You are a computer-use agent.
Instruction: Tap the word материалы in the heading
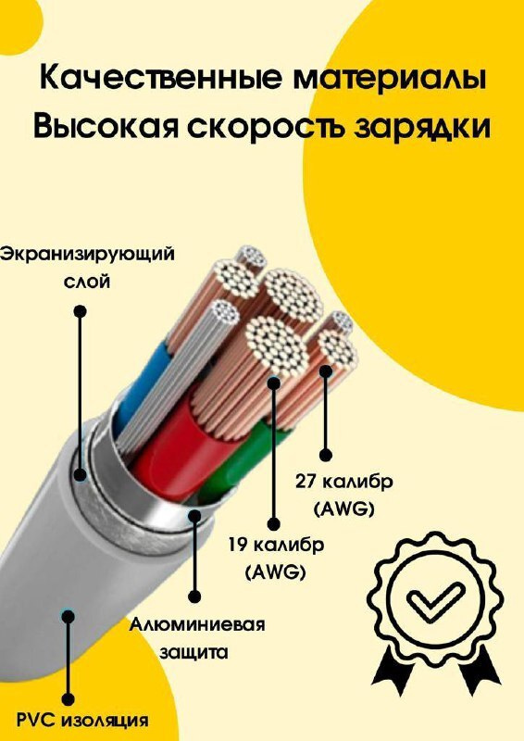click(391, 79)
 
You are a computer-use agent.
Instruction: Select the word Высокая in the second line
click(106, 127)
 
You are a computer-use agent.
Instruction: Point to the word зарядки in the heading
click(422, 128)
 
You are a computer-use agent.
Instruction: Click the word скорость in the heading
click(267, 127)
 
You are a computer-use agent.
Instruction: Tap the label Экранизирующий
click(87, 255)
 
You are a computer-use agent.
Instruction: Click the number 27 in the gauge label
click(306, 482)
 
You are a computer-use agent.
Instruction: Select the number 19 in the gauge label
click(239, 545)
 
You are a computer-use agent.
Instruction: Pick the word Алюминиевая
click(197, 624)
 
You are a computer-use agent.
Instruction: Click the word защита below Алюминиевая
click(193, 653)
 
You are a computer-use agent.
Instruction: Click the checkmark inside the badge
click(436, 598)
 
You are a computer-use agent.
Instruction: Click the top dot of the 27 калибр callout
click(326, 371)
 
